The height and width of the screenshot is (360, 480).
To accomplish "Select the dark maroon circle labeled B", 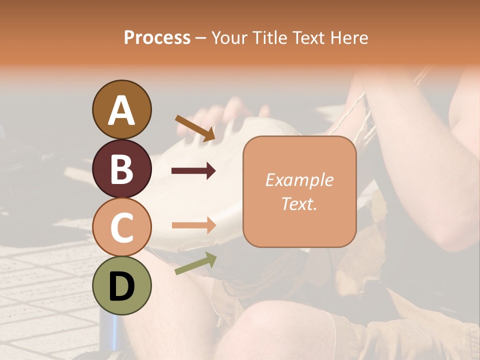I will (x=122, y=168).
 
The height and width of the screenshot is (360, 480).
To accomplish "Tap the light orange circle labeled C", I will (x=122, y=227).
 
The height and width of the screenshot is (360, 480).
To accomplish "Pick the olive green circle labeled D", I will (x=122, y=285).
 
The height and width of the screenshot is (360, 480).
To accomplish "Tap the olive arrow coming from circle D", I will (x=195, y=263).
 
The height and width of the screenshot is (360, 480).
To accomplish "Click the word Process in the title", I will (x=157, y=37).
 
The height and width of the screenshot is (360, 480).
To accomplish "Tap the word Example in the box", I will (x=299, y=180).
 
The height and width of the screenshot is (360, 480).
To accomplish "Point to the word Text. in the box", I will (x=299, y=204).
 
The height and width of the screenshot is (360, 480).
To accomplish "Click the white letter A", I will (x=122, y=110).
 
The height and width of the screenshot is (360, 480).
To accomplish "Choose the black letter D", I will (x=122, y=286).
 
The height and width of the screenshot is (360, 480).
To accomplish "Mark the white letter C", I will (x=122, y=228).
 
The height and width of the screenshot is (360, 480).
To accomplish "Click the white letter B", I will (x=122, y=169).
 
